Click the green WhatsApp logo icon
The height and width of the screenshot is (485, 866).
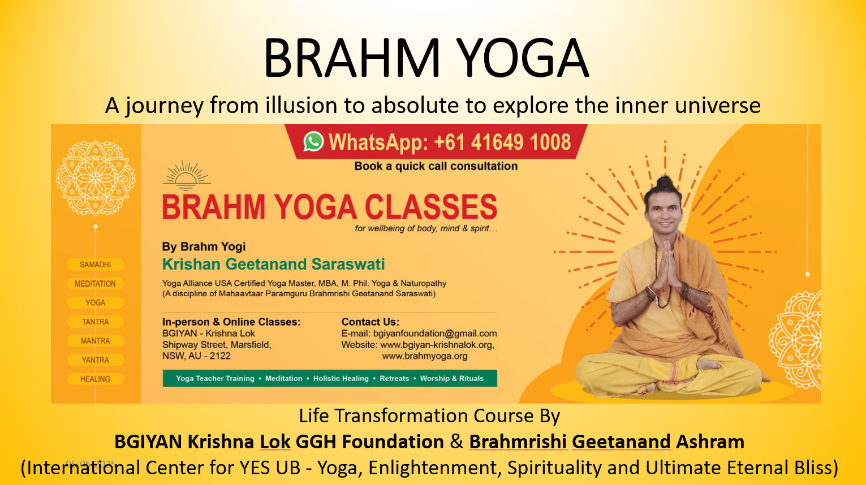313,141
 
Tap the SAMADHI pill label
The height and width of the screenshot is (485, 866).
96,265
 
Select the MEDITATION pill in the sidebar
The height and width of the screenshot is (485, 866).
96,284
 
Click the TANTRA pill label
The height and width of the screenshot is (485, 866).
96,322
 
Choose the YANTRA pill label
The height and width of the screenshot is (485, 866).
96,360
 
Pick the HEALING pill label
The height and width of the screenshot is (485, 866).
96,379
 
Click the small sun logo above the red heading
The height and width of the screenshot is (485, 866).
187,176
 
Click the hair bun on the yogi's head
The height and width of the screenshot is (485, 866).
664,181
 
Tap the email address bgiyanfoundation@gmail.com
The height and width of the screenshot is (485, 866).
435,334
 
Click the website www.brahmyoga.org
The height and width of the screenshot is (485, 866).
425,356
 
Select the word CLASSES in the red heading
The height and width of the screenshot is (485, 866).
431,207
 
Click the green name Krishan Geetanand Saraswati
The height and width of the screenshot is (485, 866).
273,264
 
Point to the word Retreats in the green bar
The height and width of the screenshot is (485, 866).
394,378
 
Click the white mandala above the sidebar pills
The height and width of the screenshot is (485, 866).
96,177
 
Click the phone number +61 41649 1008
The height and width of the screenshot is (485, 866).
502,142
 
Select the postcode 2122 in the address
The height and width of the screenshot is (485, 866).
220,356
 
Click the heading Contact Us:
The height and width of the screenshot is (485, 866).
370,322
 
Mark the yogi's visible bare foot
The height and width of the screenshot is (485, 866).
709,363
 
